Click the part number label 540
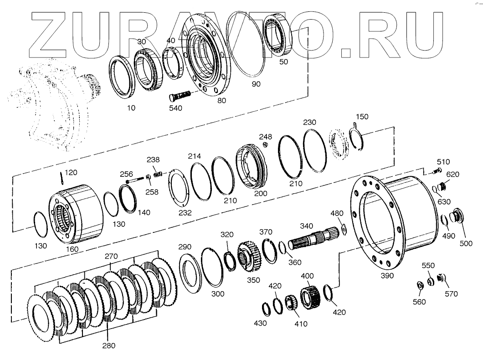(x=175, y=108)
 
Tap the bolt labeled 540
(x=182, y=96)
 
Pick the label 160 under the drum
(x=72, y=249)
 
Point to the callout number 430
(x=260, y=323)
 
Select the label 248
(x=266, y=137)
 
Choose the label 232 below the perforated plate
(x=185, y=212)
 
